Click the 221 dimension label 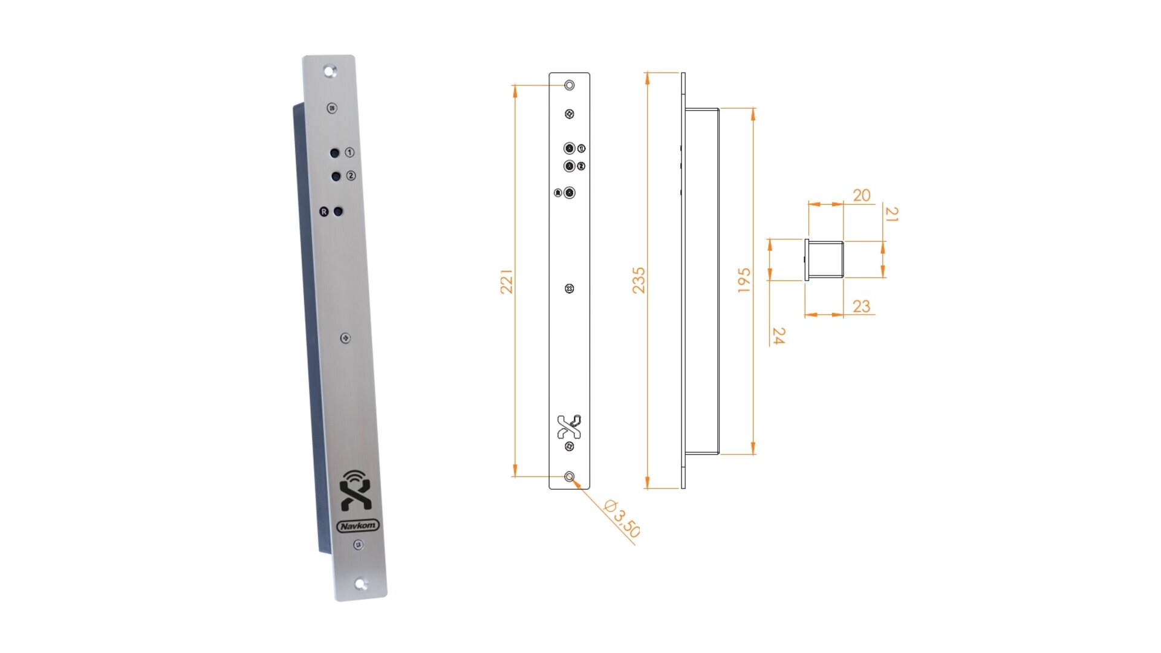(x=506, y=282)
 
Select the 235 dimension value (x=639, y=281)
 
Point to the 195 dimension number (x=744, y=281)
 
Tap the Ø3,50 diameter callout (x=622, y=519)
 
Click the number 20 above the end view (x=862, y=195)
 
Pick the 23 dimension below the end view (x=862, y=306)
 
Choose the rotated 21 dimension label (x=891, y=214)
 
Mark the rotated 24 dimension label (x=779, y=336)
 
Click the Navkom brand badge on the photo (x=358, y=526)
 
